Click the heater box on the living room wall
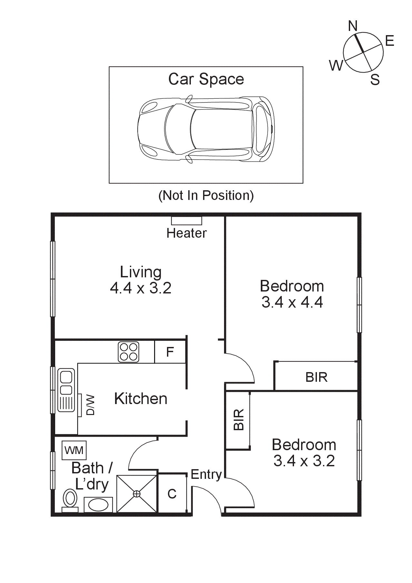click(186, 221)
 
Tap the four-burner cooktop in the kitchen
click(129, 352)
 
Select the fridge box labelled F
click(170, 352)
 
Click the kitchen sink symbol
click(66, 390)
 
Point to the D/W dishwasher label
click(91, 405)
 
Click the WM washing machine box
click(74, 450)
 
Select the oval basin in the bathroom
click(98, 505)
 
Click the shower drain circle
click(137, 494)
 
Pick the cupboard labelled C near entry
click(172, 494)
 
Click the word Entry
click(206, 474)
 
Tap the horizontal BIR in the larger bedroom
click(316, 377)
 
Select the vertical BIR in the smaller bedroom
click(238, 420)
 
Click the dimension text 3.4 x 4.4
click(292, 302)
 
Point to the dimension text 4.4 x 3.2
click(141, 288)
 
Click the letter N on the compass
click(353, 26)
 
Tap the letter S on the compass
click(375, 80)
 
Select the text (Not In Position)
click(206, 195)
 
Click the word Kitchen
click(141, 399)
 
